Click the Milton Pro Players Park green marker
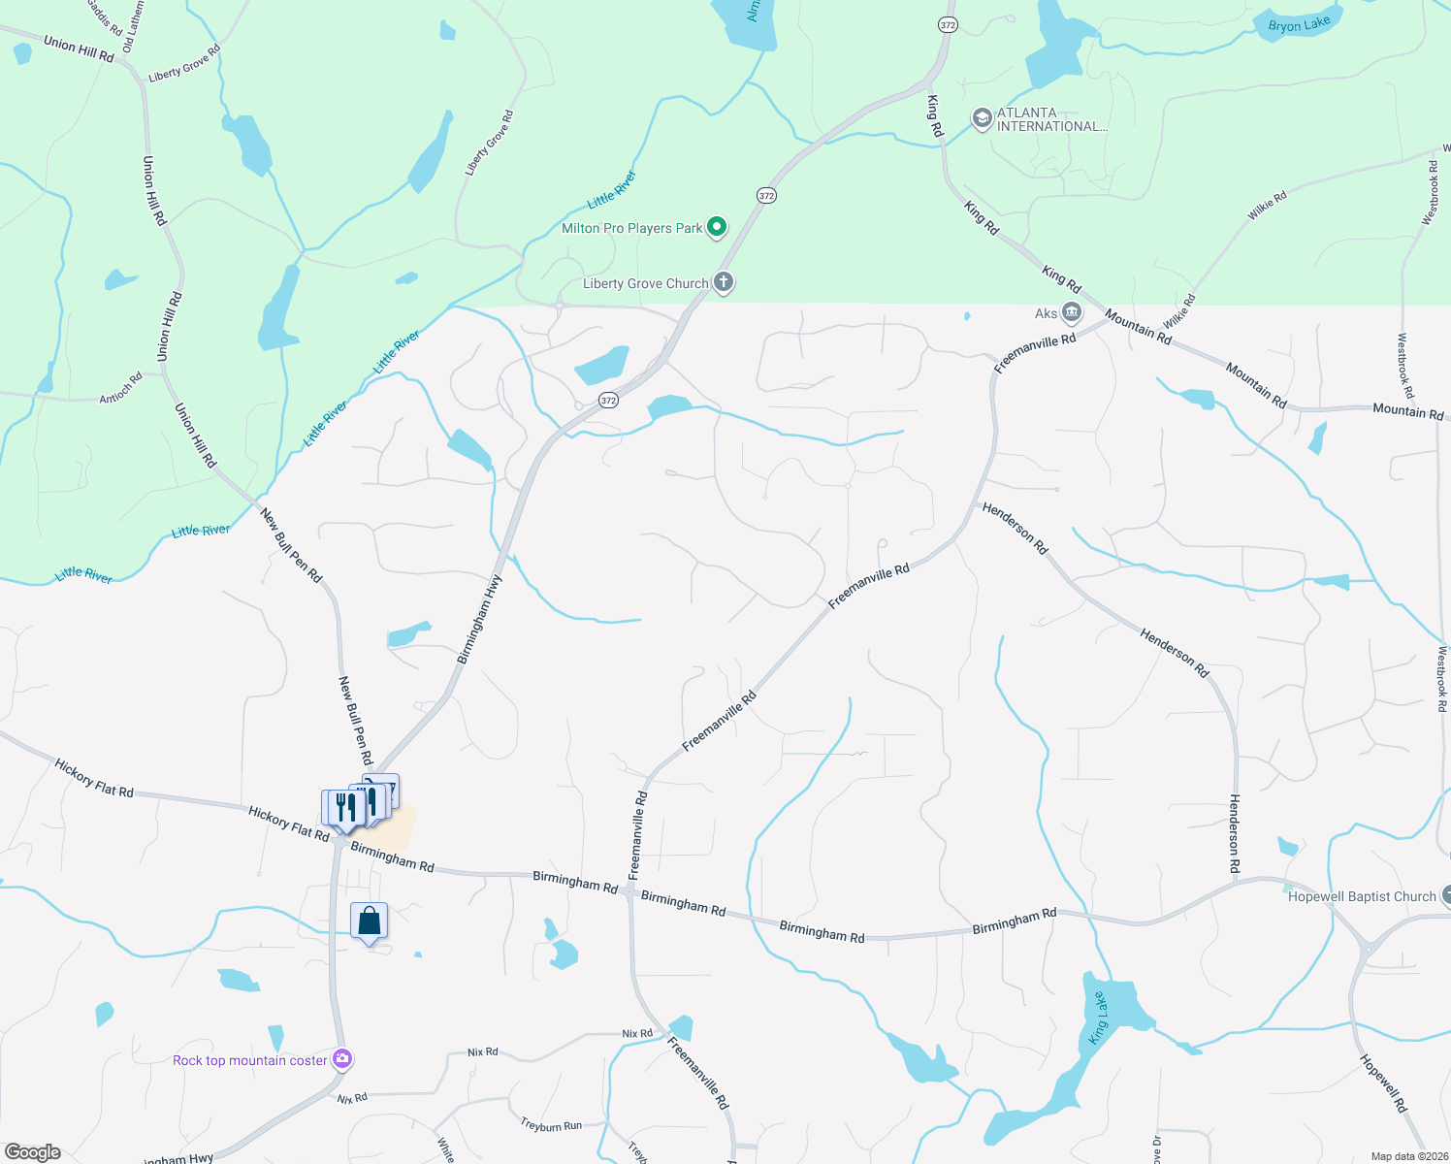[x=717, y=228]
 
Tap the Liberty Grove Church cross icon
[x=724, y=283]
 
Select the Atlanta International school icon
[x=982, y=119]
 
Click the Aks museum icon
[x=1072, y=312]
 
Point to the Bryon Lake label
[x=1299, y=24]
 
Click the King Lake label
[x=1098, y=1019]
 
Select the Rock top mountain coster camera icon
[x=341, y=1059]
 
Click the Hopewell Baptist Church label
[x=1361, y=897]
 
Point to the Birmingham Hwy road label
[x=480, y=620]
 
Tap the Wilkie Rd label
[x=1267, y=206]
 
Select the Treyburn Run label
[x=551, y=1126]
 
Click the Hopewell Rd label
[x=1383, y=1083]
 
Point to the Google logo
[x=33, y=1151]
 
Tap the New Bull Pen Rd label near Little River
[x=291, y=545]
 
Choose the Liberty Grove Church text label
[x=645, y=284]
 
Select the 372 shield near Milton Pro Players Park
[x=766, y=196]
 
